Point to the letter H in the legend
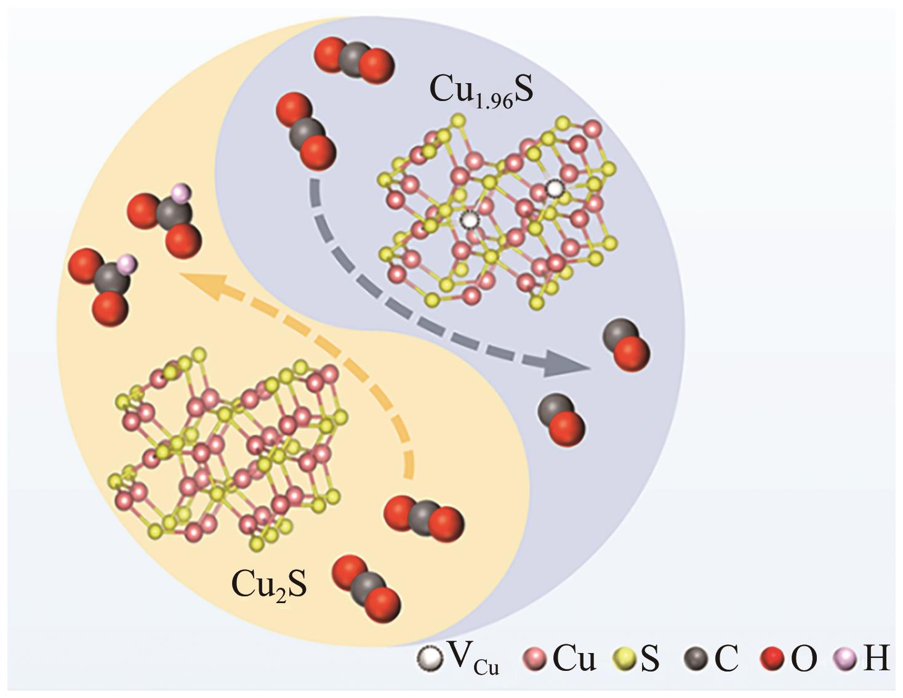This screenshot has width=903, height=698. coord(876,658)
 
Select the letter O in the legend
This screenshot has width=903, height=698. coord(804,659)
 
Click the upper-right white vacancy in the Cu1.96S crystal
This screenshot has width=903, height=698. coord(555,188)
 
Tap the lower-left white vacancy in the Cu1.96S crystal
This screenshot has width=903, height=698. coord(469,219)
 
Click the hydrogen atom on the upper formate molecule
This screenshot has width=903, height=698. coord(180,193)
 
